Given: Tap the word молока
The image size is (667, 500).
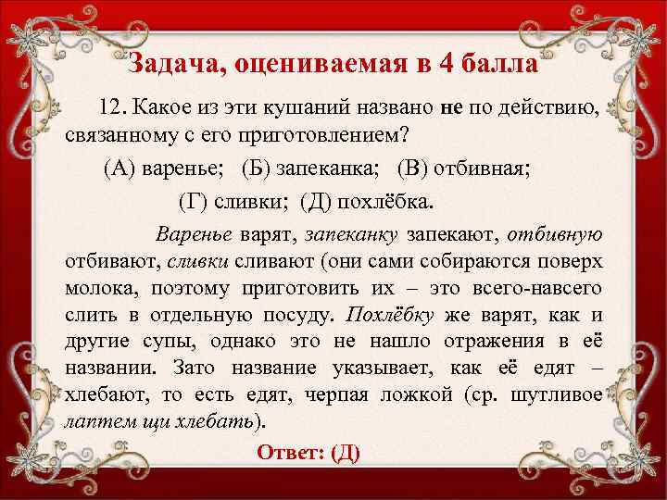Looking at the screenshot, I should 93,287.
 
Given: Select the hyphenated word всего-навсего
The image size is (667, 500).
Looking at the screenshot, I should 541,287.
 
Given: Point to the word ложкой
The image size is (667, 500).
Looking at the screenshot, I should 416,394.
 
